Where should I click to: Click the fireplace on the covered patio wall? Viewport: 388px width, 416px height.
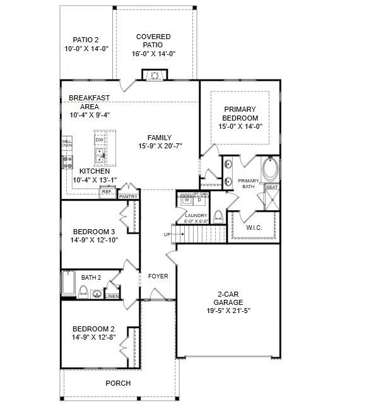coord(155,76)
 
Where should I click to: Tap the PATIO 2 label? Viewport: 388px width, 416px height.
coord(86,39)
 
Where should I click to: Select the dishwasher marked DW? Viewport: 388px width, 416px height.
coord(98,141)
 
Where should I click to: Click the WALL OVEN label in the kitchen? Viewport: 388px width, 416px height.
coord(66,143)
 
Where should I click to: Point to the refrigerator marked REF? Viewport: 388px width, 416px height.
coord(107,191)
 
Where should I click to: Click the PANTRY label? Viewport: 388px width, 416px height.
coord(128,197)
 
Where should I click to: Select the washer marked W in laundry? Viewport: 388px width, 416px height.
coord(186,201)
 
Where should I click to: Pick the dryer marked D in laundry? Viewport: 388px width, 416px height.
coord(199,201)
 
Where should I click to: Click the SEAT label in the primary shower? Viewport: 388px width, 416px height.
coord(271,187)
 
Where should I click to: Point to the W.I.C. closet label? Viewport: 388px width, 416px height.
coord(254,227)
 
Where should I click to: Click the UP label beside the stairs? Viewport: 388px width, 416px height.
coord(167,234)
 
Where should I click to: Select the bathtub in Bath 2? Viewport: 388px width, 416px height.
coord(68,283)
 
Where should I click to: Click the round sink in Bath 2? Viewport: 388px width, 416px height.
coord(96,294)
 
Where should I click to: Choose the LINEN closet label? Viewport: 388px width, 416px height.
coord(112,296)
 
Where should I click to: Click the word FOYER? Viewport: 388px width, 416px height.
coord(158,276)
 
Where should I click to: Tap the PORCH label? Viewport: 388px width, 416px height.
coord(117,383)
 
